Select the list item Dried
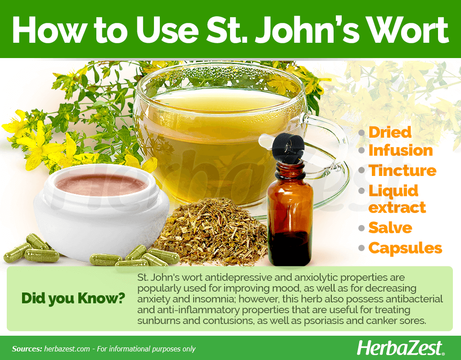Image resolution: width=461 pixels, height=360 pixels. click(390, 132)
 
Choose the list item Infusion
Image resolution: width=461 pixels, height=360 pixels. click(400, 150)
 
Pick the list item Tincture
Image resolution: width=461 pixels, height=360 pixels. click(402, 171)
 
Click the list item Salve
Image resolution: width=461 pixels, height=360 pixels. click(390, 227)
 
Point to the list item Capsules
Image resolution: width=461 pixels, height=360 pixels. click(405, 248)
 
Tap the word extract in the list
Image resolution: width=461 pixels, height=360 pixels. click(397, 207)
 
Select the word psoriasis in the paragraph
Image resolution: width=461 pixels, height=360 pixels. click(324, 320)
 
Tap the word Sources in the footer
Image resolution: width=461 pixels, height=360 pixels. click(27, 349)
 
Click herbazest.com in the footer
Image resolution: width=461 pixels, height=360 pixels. click(67, 349)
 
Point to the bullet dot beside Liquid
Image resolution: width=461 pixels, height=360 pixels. click(362, 191)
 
